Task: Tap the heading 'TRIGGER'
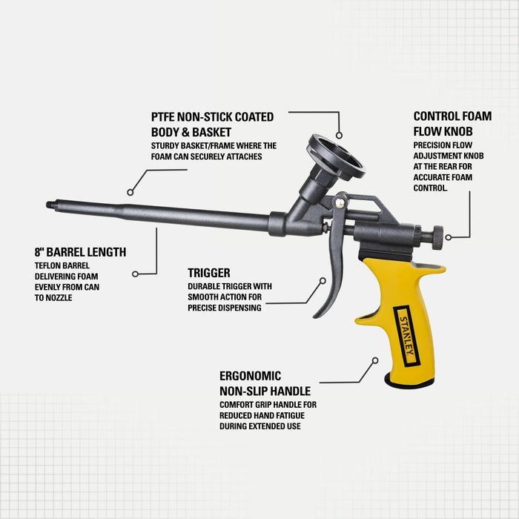pos(208,273)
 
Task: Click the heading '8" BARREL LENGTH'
pos(80,252)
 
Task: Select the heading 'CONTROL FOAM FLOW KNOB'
pos(452,123)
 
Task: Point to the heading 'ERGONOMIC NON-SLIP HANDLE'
pos(265,383)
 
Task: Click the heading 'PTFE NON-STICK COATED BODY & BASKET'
pos(212,124)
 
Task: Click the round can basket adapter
pos(336,156)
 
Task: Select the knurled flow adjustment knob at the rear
pos(437,238)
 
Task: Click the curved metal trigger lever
pos(331,274)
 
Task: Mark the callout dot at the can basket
pos(339,136)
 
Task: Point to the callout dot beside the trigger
pos(323,281)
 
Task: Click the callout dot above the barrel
pos(130,191)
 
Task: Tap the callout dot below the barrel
pos(135,274)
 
